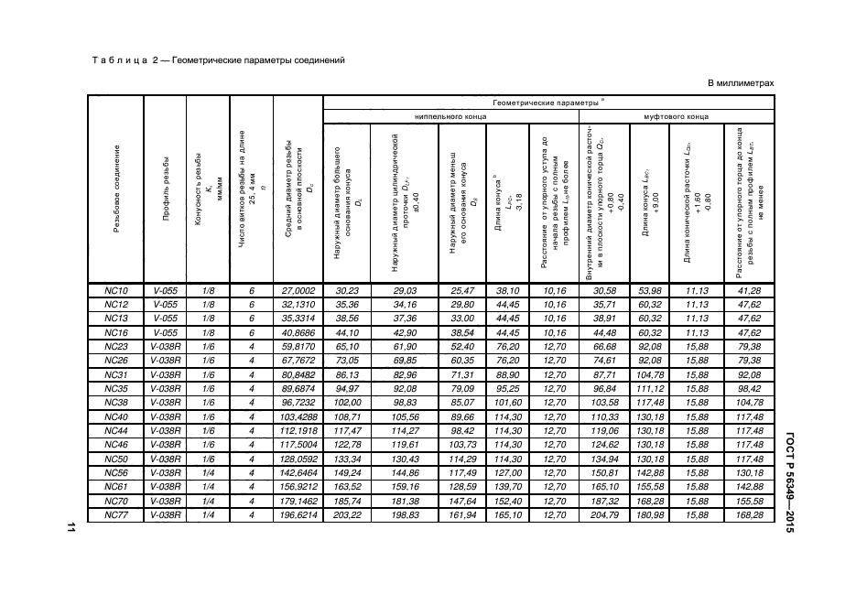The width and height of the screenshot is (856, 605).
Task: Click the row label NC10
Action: pos(115,290)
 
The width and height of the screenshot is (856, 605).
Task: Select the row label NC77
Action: pos(115,515)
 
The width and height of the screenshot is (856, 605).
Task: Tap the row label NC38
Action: pos(115,403)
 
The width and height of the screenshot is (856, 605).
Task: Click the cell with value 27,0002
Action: pos(298,290)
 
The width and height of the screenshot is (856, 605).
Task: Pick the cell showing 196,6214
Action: pos(298,515)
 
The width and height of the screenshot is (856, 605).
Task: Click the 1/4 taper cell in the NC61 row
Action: pos(208,487)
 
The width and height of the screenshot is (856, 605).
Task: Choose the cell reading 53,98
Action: pos(649,290)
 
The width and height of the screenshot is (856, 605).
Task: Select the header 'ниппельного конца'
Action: pos(450,117)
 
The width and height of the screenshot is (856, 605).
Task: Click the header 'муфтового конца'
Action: pos(676,117)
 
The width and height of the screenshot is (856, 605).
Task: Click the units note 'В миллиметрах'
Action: pos(742,84)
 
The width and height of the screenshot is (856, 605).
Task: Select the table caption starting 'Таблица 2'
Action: pos(218,60)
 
